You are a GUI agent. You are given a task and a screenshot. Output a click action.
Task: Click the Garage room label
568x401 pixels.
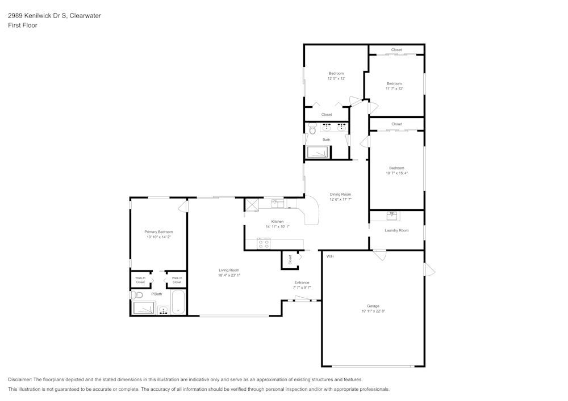[373, 306]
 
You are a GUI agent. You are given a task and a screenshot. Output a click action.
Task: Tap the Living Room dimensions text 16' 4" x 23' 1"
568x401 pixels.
[229, 276]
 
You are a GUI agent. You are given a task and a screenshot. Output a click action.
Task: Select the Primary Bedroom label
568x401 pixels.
[158, 232]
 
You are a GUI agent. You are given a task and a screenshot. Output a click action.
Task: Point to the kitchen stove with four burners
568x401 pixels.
[264, 244]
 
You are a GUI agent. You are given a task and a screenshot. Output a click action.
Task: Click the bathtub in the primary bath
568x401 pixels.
[178, 302]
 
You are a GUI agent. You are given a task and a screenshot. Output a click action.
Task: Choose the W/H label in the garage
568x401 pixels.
[329, 256]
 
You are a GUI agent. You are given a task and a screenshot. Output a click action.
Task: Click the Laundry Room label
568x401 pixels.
[396, 230]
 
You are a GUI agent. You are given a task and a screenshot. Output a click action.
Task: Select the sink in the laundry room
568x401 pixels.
[392, 216]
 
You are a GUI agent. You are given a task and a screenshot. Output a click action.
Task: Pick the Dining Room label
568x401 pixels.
[341, 195]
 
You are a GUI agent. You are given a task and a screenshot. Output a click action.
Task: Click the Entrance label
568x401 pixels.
[302, 282]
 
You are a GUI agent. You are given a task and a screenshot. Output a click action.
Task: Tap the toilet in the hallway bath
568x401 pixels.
[312, 129]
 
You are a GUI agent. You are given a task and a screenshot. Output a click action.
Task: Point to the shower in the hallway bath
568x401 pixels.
[318, 151]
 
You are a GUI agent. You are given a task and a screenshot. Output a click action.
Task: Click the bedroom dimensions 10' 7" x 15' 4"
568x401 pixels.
[396, 173]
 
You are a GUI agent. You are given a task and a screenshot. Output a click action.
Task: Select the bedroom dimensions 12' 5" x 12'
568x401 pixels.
[336, 79]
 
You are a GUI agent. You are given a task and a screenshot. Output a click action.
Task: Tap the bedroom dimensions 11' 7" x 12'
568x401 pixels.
[394, 88]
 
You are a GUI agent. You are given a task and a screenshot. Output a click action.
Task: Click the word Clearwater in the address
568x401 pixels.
[85, 16]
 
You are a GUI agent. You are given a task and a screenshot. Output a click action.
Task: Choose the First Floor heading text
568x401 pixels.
[23, 26]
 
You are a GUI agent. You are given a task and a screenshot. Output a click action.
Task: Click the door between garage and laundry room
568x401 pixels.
[379, 255]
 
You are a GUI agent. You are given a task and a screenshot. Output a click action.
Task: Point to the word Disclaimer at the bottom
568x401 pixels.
[20, 379]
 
